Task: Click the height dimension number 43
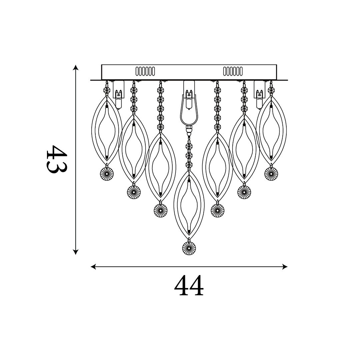(x=56, y=159)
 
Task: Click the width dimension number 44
(x=189, y=285)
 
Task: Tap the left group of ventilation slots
(x=145, y=71)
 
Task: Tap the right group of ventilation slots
(x=233, y=71)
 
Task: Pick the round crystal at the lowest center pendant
(x=189, y=248)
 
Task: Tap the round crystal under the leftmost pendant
(x=107, y=174)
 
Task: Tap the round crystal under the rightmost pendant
(x=271, y=174)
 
